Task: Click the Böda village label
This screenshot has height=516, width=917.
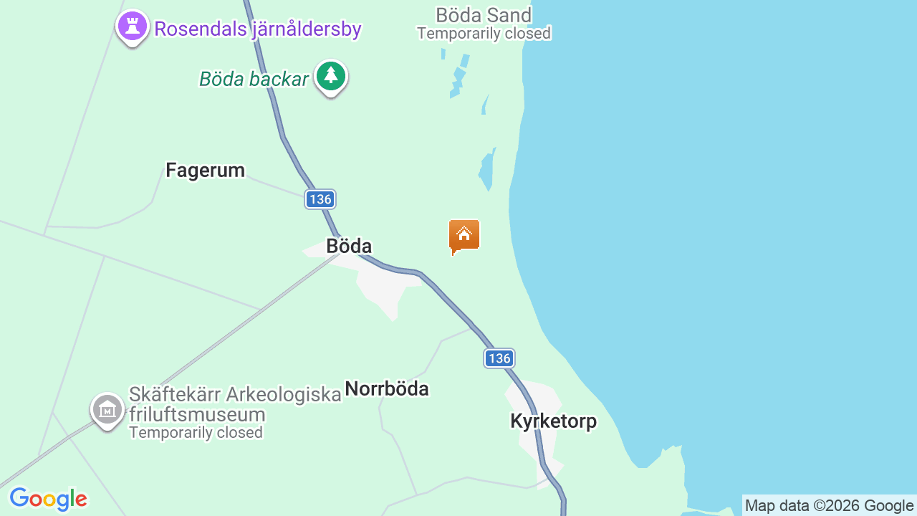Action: coord(349,246)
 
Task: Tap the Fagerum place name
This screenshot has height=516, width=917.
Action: coord(205,170)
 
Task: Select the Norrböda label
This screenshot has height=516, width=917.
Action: coord(387,388)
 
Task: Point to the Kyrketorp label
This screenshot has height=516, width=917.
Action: coord(553,421)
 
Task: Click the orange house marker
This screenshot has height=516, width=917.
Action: coord(464,235)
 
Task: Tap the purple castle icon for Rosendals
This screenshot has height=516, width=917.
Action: coord(132,27)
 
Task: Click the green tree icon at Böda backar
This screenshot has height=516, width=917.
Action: coord(330,75)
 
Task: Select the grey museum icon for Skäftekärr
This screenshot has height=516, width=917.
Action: coord(107,410)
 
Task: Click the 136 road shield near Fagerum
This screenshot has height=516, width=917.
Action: coord(320,199)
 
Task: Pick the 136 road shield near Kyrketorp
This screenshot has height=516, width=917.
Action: coord(499,358)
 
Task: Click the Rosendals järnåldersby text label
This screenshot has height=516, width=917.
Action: coord(258,29)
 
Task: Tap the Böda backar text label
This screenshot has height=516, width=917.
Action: coord(254,79)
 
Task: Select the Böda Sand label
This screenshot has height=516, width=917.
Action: coord(484,15)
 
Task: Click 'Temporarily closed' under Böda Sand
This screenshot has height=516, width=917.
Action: coord(484,34)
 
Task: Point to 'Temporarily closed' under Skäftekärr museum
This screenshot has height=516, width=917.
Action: coord(196,433)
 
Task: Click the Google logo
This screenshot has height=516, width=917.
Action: coord(48,499)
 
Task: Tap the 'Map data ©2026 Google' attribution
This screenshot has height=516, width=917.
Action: coord(829,506)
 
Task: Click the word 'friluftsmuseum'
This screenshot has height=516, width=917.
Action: coord(197,415)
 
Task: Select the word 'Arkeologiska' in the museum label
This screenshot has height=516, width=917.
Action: coord(284,395)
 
